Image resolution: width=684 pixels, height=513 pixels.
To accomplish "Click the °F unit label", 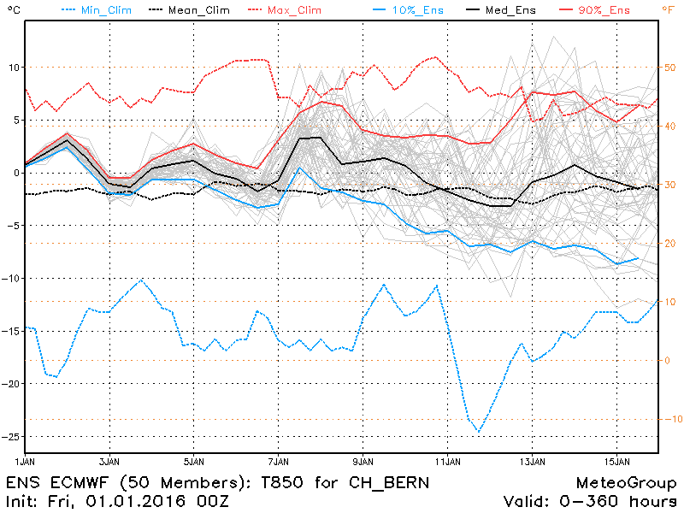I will (667, 9).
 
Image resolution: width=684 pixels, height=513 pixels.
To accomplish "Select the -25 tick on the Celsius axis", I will (9, 437).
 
